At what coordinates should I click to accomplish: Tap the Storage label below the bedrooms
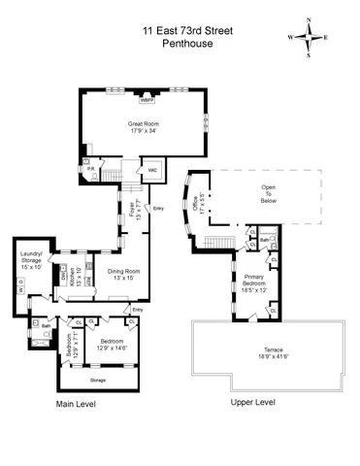[98, 380]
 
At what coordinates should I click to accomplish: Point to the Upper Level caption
[253, 402]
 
